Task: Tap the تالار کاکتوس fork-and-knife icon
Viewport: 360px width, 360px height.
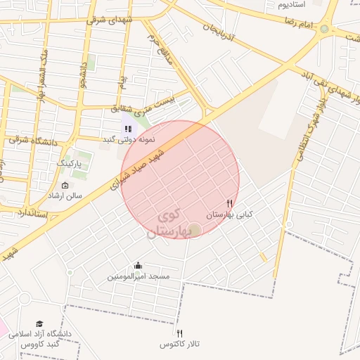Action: click(179, 333)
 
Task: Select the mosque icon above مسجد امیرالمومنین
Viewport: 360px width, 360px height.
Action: click(138, 266)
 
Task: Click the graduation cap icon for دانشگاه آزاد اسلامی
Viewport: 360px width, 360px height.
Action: click(39, 323)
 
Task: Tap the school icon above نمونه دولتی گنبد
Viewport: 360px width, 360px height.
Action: click(128, 129)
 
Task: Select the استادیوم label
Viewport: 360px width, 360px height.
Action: click(292, 4)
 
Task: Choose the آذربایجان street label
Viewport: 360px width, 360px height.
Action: click(222, 36)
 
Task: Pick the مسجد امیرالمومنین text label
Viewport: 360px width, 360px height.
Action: click(139, 277)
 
